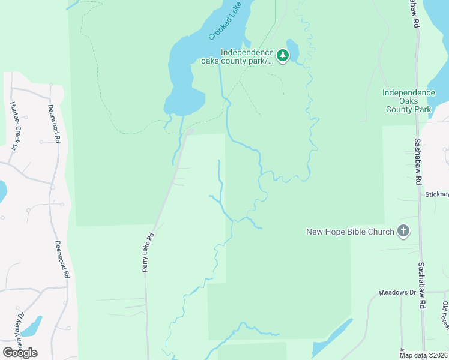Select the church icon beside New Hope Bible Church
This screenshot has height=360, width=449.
click(403, 232)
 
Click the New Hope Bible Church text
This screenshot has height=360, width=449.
click(350, 232)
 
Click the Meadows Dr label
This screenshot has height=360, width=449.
click(397, 292)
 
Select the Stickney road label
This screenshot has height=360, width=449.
click(436, 194)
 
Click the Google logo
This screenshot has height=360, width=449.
click(20, 352)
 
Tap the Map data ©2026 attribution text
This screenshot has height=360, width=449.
click(423, 355)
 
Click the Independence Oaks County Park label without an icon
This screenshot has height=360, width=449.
click(409, 101)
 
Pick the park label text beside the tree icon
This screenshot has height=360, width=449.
click(247, 56)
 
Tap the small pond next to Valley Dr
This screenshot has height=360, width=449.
click(31, 325)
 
